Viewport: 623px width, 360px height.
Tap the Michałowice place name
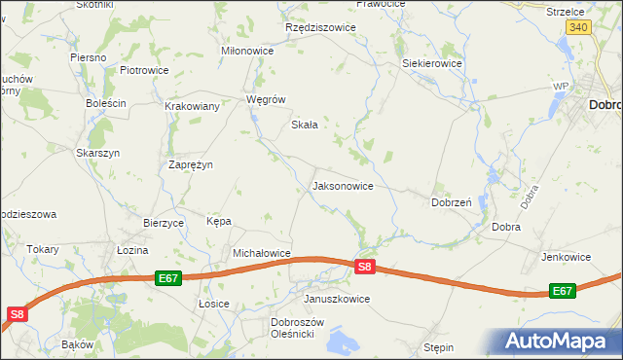point(262,253)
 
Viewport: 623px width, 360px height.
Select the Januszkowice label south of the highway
point(337,299)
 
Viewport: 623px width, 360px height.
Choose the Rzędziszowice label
point(320,28)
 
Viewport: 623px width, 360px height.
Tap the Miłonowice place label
point(248,51)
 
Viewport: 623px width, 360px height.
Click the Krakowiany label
point(192,106)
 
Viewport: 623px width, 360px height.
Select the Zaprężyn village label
point(190,164)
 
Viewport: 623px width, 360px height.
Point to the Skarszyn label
point(97,153)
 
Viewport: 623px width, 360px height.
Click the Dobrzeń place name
point(451,202)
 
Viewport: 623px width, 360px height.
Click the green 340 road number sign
point(578,28)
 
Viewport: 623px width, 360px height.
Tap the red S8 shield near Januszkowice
point(364,266)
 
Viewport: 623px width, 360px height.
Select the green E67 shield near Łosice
point(168,278)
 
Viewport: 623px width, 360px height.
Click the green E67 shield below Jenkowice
point(562,291)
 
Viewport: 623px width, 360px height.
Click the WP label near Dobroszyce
point(560,87)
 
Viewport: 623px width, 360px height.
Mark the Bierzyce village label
point(164,223)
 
